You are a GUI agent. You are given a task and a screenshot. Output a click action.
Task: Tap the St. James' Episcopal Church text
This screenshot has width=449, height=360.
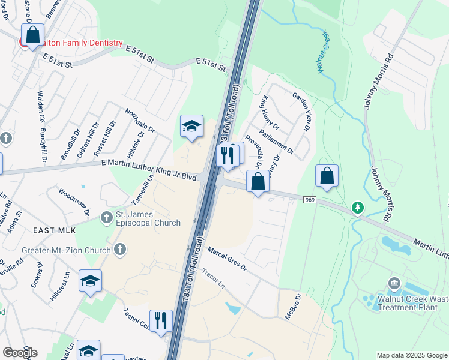(x=148, y=219)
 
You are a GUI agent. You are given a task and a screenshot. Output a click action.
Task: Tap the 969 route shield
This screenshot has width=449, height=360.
(x=310, y=200)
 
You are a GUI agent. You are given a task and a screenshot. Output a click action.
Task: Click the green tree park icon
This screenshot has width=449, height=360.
(x=358, y=208)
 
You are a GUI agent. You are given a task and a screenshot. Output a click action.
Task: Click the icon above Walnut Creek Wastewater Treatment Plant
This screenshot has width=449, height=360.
(x=394, y=283)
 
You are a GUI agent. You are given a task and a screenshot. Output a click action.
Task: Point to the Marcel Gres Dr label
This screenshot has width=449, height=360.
(x=227, y=259)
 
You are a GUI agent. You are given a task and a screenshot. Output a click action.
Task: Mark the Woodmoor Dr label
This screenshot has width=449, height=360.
(x=74, y=202)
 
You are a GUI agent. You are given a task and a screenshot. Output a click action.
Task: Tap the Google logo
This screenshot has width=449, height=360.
(x=20, y=353)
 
